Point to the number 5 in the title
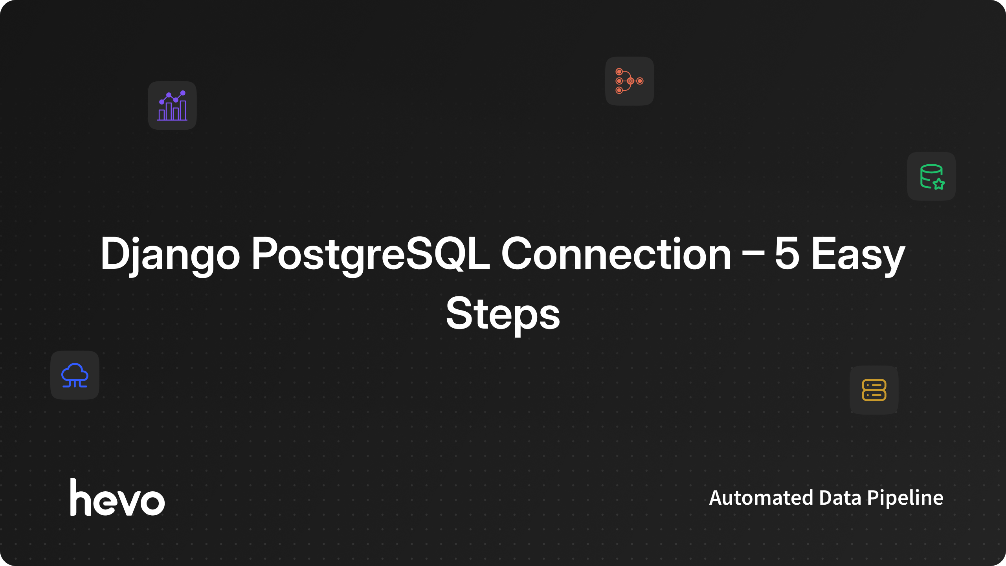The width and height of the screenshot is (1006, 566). [x=787, y=254]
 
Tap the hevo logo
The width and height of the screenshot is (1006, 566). [x=117, y=497]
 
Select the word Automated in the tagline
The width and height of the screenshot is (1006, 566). [x=761, y=498]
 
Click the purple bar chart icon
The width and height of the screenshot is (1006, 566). [x=172, y=105]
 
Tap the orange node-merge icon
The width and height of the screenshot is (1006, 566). [x=630, y=81]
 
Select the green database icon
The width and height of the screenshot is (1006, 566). [x=932, y=177]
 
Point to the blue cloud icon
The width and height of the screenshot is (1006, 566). [x=75, y=375]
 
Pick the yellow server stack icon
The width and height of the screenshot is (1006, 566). [x=874, y=390]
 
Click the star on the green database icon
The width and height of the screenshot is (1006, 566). [x=939, y=184]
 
